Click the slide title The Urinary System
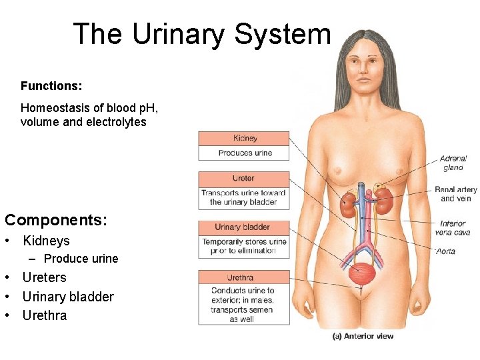click(201, 34)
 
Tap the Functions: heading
click(51, 86)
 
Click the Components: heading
click(55, 219)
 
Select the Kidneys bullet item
click(46, 241)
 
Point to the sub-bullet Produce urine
click(81, 259)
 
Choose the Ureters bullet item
click(44, 277)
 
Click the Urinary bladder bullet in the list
click(68, 297)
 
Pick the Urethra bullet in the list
click(45, 315)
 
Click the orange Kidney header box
click(244, 139)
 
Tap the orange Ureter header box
click(244, 179)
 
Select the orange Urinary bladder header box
click(244, 227)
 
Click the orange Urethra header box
click(244, 277)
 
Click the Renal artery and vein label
click(456, 194)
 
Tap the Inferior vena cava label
click(453, 228)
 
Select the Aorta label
click(445, 251)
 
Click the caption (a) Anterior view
click(363, 336)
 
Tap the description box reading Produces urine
click(244, 153)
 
